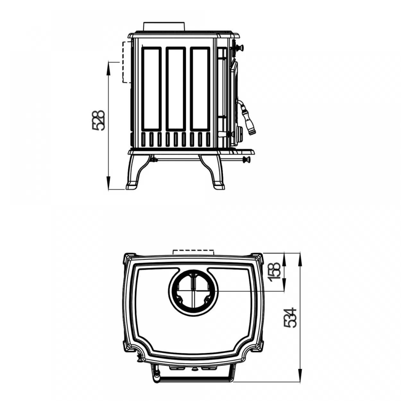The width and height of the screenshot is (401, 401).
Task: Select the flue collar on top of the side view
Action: (164, 26)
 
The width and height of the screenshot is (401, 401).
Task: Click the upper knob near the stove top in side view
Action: (239, 48)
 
